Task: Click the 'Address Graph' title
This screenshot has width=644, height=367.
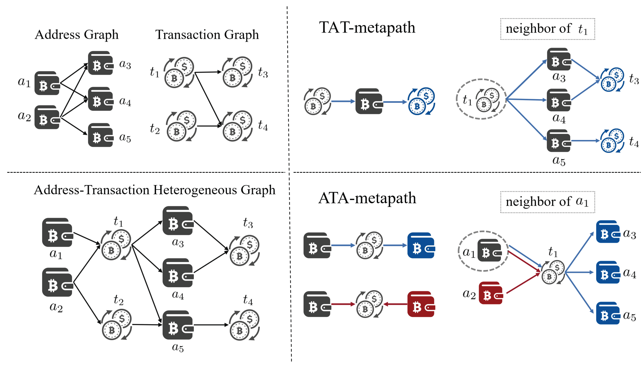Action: pos(76,34)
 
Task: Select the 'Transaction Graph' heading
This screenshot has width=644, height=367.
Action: pos(207,34)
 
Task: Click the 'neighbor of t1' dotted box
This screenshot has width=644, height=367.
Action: pos(548,29)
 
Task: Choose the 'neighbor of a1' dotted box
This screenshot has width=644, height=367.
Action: pos(548,202)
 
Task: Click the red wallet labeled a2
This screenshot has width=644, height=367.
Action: pos(491,293)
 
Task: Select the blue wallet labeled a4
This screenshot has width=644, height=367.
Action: pos(608,272)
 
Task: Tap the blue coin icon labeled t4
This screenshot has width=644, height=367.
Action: pos(612,141)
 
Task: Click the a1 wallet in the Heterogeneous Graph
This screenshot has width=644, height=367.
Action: pos(57,232)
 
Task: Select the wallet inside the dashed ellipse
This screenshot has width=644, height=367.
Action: pos(490,250)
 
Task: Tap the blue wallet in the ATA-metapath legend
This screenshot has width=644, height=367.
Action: pos(421,245)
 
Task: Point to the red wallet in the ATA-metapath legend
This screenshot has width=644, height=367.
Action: pos(421,304)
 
